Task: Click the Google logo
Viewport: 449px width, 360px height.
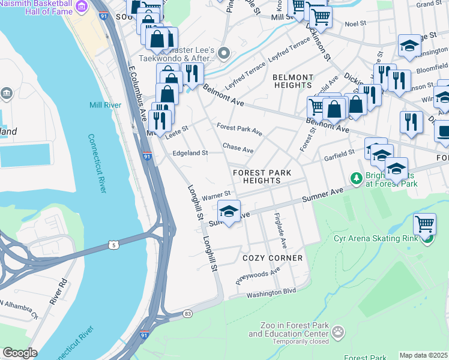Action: pyautogui.click(x=20, y=353)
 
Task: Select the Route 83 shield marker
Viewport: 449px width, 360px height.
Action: pyautogui.click(x=188, y=313)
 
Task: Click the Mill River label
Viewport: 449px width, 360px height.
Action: pyautogui.click(x=105, y=105)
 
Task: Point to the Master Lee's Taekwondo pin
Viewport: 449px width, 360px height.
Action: pyautogui.click(x=223, y=53)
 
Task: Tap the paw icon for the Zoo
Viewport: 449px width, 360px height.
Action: pyautogui.click(x=339, y=331)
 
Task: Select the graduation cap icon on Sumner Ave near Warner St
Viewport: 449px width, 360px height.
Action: pyautogui.click(x=228, y=211)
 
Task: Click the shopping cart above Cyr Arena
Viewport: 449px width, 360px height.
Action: pyautogui.click(x=425, y=224)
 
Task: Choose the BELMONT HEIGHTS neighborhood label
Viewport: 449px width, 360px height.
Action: pyautogui.click(x=293, y=82)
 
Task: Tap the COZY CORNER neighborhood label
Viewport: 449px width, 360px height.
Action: pyautogui.click(x=273, y=258)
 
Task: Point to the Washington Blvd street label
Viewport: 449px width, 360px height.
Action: pyautogui.click(x=271, y=292)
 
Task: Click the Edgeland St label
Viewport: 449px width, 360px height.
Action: pyautogui.click(x=190, y=153)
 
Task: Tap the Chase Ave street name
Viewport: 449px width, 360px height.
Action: pyautogui.click(x=238, y=148)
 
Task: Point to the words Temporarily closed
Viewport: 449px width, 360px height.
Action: pyautogui.click(x=290, y=341)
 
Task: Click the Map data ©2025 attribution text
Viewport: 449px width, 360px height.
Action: pyautogui.click(x=423, y=355)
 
